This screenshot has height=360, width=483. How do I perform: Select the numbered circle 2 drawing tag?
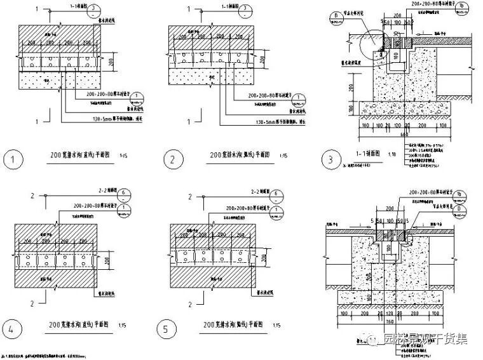click(x=170, y=159)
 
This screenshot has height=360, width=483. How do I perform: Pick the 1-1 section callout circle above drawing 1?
click(x=95, y=9)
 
